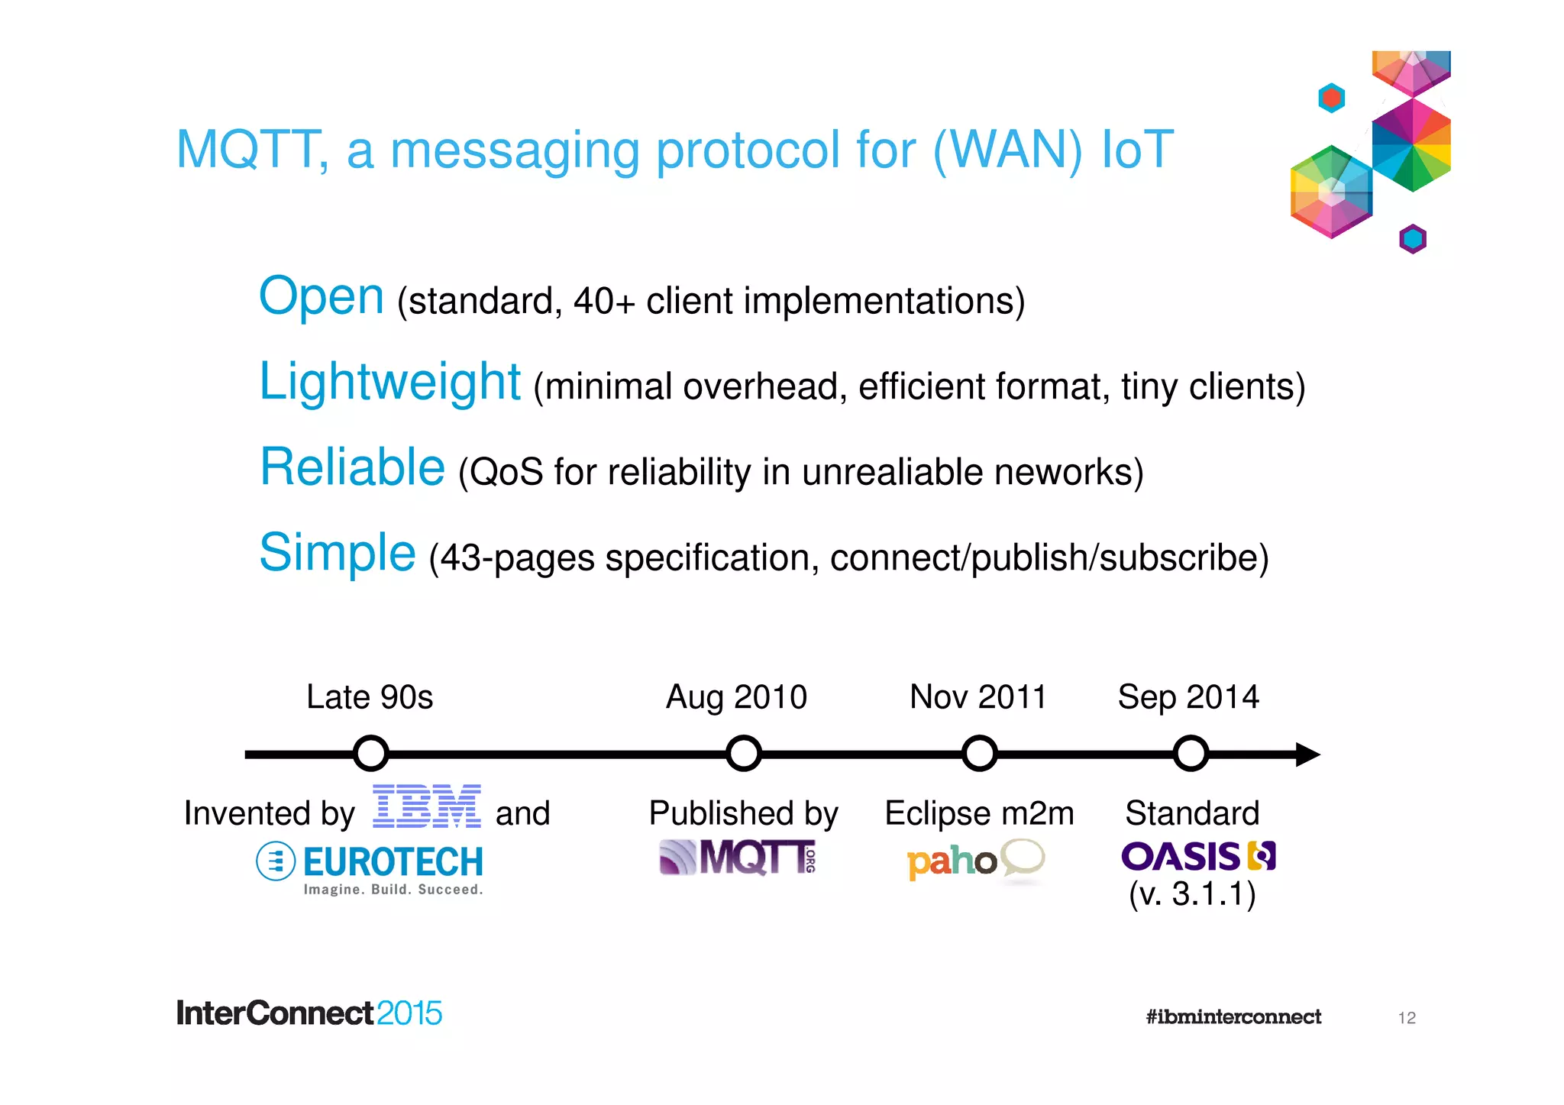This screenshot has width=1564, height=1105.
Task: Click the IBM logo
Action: (x=426, y=806)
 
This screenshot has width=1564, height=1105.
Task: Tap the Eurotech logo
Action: (x=370, y=868)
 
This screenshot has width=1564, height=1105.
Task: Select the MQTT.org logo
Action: (x=738, y=858)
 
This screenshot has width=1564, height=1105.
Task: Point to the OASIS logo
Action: (x=1197, y=856)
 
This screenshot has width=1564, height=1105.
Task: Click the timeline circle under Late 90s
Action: (x=371, y=754)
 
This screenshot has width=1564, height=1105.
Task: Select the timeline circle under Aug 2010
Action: (x=743, y=754)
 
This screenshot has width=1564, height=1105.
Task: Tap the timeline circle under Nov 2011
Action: (x=979, y=754)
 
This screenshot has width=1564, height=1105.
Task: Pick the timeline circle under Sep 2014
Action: (x=1191, y=754)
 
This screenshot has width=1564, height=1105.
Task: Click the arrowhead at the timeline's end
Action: (x=1307, y=754)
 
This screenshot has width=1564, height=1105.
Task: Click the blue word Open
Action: (x=321, y=296)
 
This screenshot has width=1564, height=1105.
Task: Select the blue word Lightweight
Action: (x=389, y=382)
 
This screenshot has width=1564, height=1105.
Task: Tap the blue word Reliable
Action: (x=352, y=467)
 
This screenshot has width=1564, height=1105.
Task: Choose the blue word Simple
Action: (x=338, y=553)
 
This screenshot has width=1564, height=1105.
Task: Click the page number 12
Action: (x=1407, y=1018)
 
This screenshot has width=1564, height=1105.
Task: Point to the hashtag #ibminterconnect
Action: (x=1233, y=1016)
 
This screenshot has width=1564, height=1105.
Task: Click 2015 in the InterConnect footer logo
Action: (x=409, y=1013)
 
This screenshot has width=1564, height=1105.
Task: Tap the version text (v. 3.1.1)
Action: (x=1192, y=894)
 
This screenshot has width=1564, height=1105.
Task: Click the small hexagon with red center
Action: (x=1331, y=98)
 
